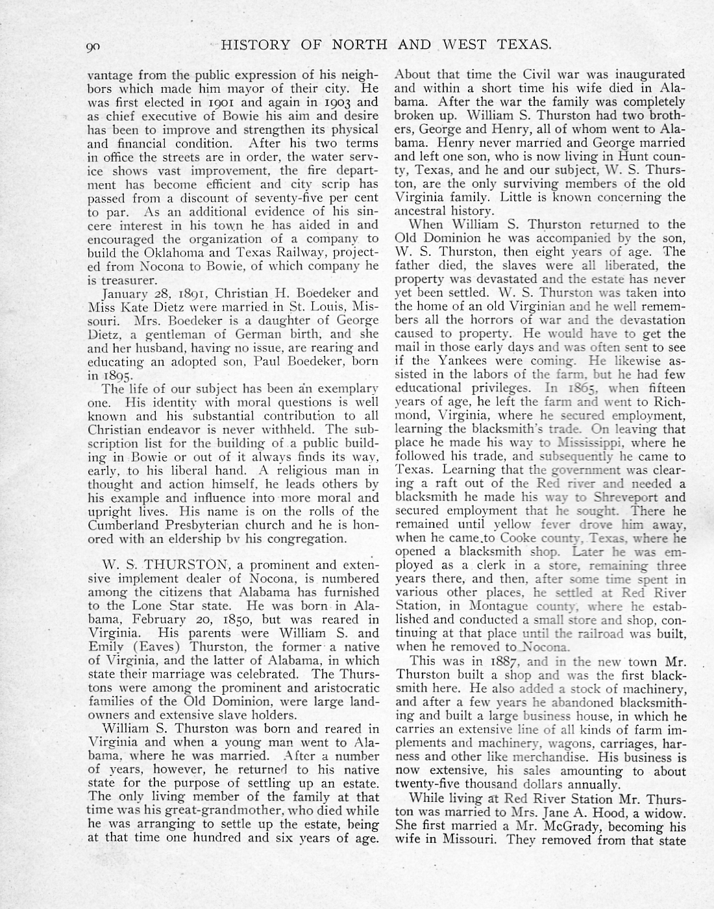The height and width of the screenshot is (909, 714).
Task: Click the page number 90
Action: coord(96,45)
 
